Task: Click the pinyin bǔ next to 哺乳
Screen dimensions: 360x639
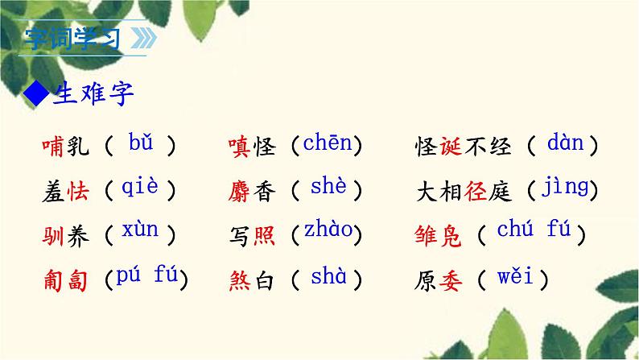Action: [x=140, y=144]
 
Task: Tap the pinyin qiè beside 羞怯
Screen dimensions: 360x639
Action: [x=140, y=188]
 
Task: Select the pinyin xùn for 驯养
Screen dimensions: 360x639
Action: [x=140, y=231]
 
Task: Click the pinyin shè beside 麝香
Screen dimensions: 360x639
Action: [x=328, y=188]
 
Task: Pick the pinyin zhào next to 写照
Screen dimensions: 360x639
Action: [x=328, y=231]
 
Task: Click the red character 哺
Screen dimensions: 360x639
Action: [x=52, y=147]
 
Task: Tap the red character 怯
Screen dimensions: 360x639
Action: [x=80, y=191]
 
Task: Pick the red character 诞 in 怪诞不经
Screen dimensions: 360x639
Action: [x=452, y=147]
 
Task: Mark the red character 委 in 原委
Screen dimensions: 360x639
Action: [x=452, y=280]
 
